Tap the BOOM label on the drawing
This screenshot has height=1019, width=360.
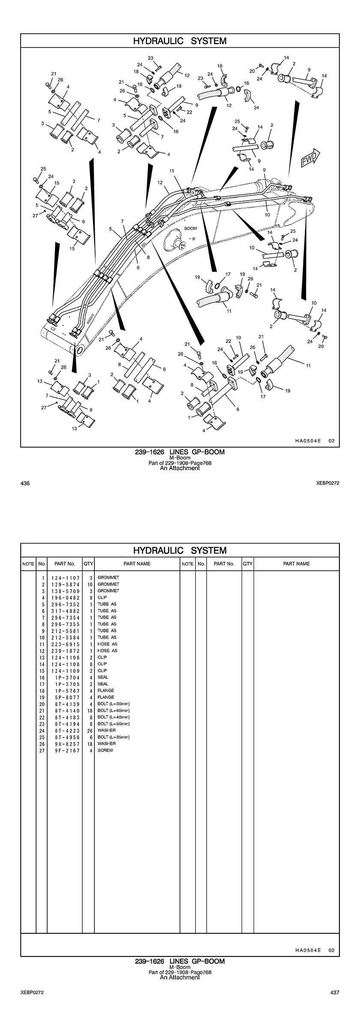(x=190, y=228)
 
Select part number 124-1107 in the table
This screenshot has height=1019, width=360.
(x=65, y=578)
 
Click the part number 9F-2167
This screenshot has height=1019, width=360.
(x=65, y=750)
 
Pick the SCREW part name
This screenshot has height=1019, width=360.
(x=105, y=750)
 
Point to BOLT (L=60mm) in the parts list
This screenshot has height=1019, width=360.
(x=114, y=710)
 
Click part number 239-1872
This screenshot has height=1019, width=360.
(x=65, y=651)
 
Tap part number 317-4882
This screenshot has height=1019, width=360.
(x=65, y=611)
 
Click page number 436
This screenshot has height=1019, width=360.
(x=25, y=483)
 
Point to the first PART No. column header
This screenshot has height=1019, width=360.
(x=65, y=564)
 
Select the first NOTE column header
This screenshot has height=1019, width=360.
(x=28, y=564)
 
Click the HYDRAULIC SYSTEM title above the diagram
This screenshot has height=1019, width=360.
(x=180, y=41)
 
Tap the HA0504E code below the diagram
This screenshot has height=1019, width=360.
(x=308, y=441)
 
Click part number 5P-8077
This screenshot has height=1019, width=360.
(x=65, y=697)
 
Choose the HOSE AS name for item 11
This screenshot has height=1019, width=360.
(x=107, y=644)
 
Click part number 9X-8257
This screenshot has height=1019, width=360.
(x=65, y=743)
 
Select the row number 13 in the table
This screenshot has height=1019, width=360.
(x=42, y=657)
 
